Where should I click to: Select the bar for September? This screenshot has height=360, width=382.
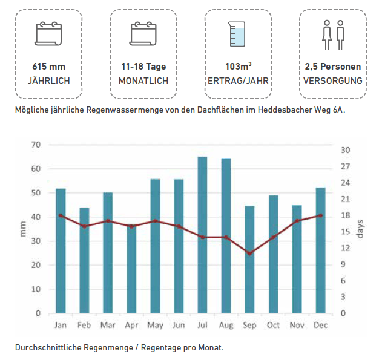(x=250, y=260)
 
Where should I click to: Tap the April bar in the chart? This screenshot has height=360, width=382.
(x=132, y=269)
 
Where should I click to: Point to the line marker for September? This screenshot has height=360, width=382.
(x=250, y=253)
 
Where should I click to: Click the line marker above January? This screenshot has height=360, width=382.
(x=61, y=215)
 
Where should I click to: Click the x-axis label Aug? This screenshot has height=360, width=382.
(x=226, y=326)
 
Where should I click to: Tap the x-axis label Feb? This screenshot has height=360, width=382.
(x=84, y=326)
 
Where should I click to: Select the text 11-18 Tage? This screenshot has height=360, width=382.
(x=143, y=67)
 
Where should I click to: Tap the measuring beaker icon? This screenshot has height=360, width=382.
(x=237, y=34)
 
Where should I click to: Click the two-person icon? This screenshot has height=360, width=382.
(x=333, y=34)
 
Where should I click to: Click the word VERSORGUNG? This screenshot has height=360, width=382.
(x=333, y=80)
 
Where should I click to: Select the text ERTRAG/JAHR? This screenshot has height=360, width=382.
(x=238, y=80)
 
